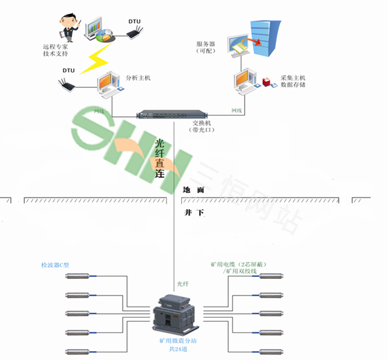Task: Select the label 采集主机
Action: (293, 78)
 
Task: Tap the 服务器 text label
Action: (205, 44)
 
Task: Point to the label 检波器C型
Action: (56, 265)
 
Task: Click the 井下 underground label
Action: (194, 213)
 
